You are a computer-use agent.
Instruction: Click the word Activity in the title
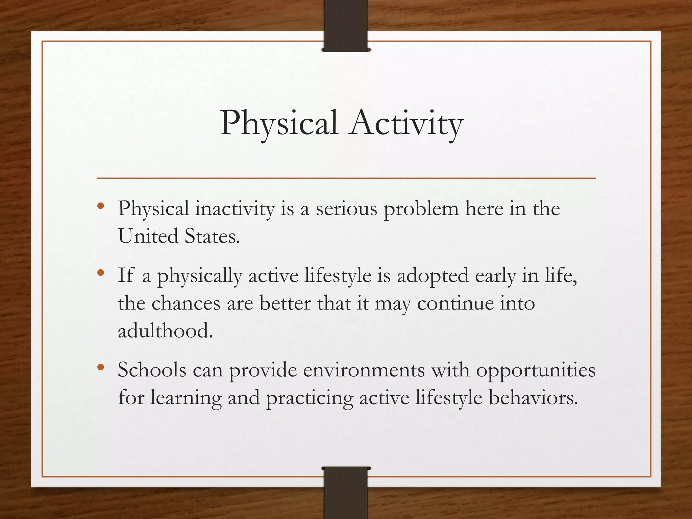[x=406, y=123]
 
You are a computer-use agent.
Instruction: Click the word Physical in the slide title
[x=279, y=123]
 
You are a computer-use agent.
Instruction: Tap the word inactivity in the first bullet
[x=235, y=209]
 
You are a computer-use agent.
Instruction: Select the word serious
[x=346, y=209]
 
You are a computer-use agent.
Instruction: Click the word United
[x=148, y=236]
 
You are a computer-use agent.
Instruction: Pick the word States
[x=212, y=236]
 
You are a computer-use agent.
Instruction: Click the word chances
[x=186, y=303]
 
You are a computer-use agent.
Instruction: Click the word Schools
[x=152, y=370]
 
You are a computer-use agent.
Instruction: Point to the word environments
[x=364, y=370]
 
